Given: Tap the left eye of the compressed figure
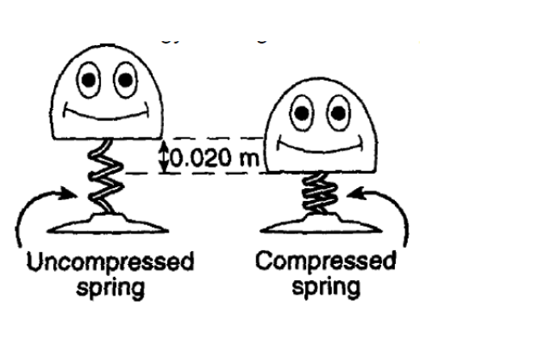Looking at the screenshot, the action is pyautogui.click(x=301, y=114).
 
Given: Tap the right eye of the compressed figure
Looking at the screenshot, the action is pyautogui.click(x=337, y=114).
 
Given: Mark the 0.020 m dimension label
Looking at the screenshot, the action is pyautogui.click(x=212, y=157).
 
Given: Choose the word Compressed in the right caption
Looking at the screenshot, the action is pyautogui.click(x=325, y=262).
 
